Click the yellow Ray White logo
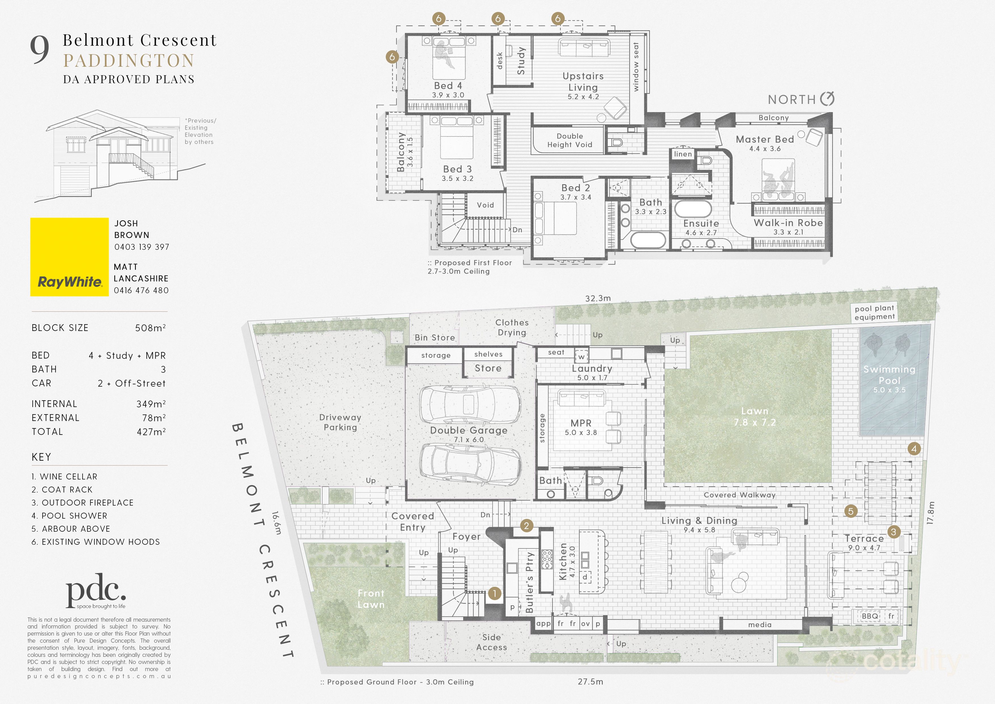[69, 257]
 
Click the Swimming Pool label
[889, 375]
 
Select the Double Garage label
[469, 430]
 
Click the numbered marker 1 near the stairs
[494, 593]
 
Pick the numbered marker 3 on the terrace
[893, 532]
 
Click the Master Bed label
[765, 139]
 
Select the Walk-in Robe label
[788, 223]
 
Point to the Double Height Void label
[570, 141]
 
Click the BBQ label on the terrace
[870, 616]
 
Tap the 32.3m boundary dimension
[598, 298]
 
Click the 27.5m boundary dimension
[590, 682]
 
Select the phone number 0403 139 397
[142, 247]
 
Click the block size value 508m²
[150, 328]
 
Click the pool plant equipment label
[874, 312]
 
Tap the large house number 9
[39, 50]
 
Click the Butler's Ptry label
[530, 582]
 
